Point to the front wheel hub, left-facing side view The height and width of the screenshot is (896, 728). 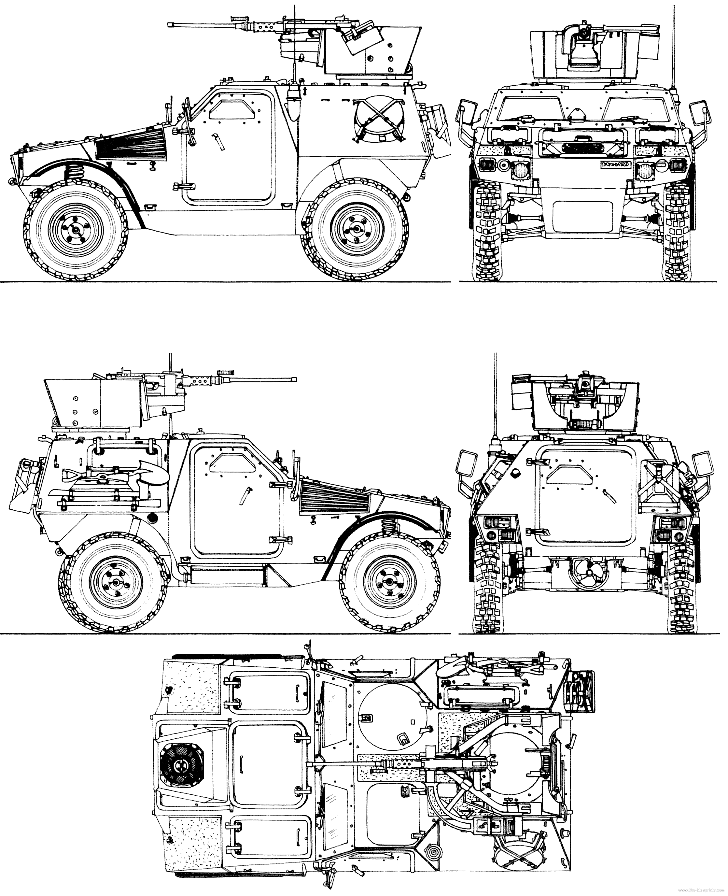point(76,229)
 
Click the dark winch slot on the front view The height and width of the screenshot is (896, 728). point(579,147)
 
